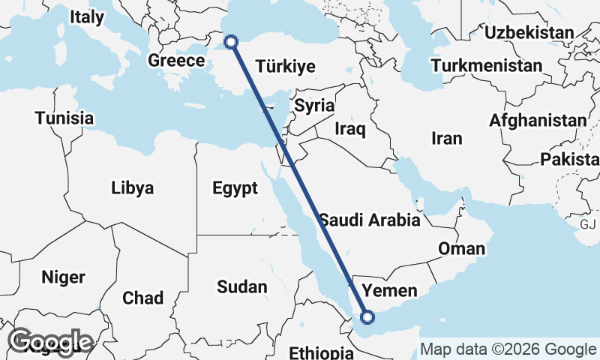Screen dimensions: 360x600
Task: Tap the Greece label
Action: (176, 61)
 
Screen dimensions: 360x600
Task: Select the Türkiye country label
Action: (285, 67)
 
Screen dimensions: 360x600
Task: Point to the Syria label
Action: (313, 105)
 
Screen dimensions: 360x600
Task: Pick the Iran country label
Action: (446, 138)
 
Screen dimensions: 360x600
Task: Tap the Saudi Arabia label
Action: (370, 220)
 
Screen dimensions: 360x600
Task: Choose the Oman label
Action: (461, 249)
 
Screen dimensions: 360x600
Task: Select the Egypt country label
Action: (235, 187)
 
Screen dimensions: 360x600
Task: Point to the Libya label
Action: (132, 187)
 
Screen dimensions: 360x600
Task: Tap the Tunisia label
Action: (64, 118)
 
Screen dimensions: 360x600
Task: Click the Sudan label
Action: (241, 286)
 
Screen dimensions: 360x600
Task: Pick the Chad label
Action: (142, 298)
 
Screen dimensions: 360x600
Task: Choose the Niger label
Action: (63, 277)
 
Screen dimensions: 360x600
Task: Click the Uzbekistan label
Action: (529, 32)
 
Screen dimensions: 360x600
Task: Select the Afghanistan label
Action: (538, 120)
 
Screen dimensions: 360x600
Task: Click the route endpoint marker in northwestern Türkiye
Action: (231, 42)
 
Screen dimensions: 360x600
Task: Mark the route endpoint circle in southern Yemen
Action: (367, 317)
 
